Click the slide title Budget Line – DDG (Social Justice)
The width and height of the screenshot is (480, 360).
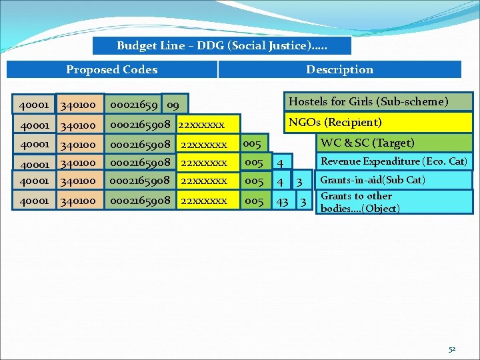point(222,45)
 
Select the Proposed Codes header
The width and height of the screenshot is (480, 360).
point(112,69)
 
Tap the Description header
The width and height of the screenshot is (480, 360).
point(339,69)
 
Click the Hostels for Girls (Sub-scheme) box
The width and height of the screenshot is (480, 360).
point(378,101)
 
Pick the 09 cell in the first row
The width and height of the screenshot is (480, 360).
point(173,105)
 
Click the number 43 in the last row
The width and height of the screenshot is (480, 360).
point(283,200)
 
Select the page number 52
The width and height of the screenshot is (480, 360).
point(452,349)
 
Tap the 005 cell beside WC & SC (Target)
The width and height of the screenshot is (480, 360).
point(253,143)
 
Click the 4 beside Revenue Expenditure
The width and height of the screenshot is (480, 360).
point(281,163)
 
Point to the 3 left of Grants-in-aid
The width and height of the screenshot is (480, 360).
point(300,181)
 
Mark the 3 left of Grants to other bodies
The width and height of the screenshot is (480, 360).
point(303,200)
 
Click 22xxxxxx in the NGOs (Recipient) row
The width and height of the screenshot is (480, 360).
point(201,125)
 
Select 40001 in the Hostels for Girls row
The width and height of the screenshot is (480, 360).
point(34,105)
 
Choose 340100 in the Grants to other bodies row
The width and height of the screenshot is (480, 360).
point(79,200)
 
